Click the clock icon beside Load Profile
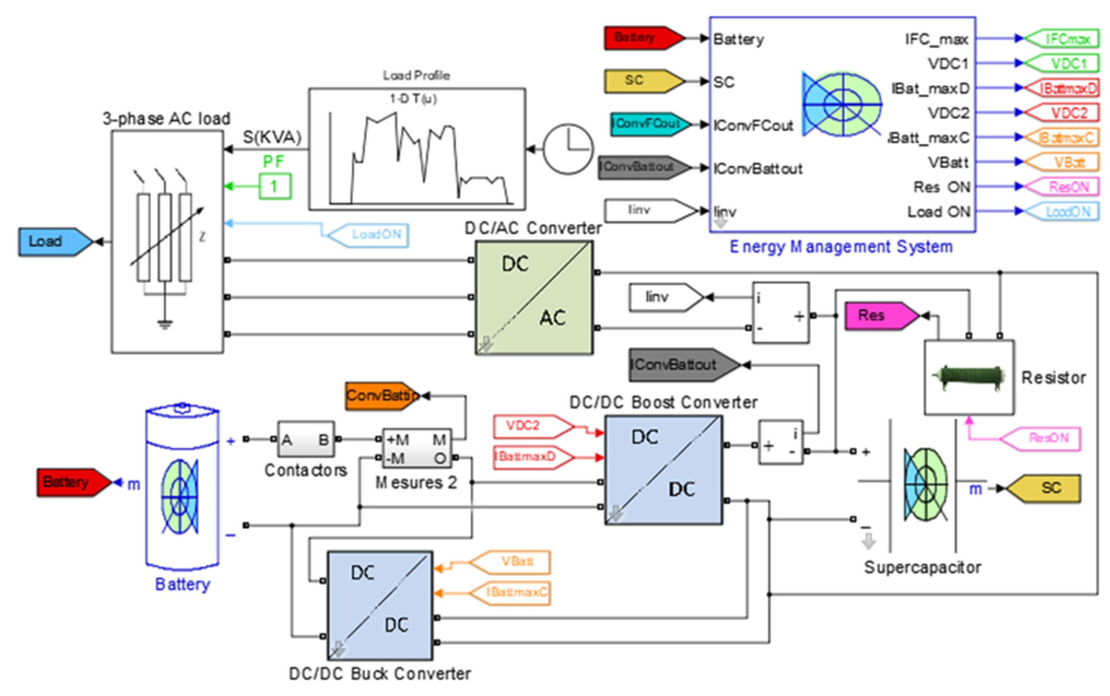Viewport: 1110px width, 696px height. [568, 149]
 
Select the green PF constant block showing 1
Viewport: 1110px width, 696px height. [275, 187]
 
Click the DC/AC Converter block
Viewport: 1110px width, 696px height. [534, 297]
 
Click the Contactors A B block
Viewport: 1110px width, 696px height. [306, 440]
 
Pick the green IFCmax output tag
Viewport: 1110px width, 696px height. [1063, 39]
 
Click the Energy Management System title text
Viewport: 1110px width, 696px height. [841, 247]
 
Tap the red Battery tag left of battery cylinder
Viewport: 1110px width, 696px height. [71, 482]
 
